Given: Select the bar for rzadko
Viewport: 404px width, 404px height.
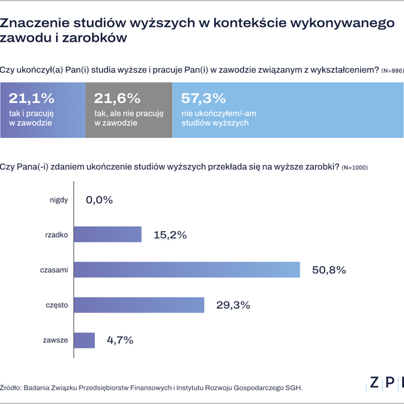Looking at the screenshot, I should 107,234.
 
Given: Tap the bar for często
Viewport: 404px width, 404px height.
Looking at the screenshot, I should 139,305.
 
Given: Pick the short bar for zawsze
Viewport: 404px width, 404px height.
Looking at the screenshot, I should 84,341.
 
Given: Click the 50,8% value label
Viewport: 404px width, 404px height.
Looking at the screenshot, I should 329,270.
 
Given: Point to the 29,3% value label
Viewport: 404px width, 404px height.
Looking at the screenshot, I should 233,305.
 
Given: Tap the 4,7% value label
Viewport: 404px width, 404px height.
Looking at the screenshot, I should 121,341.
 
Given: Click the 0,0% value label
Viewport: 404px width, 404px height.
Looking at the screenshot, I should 99,199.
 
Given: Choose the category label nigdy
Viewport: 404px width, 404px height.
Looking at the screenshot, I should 59,199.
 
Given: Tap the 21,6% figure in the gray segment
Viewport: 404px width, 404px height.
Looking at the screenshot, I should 118,98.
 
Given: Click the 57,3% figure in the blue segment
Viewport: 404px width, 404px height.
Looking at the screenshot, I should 205,98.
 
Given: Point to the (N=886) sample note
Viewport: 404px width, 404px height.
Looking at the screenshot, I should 393,71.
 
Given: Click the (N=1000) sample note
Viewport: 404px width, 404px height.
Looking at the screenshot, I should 354,167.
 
